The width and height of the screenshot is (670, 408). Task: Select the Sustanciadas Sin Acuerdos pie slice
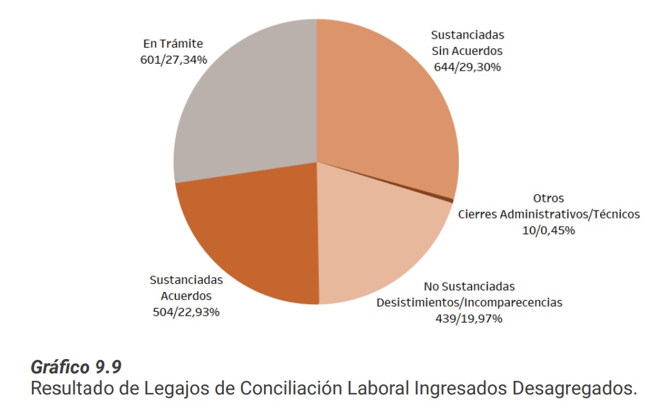click(387, 109)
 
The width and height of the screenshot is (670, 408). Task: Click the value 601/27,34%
click(172, 59)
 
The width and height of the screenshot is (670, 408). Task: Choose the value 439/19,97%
click(469, 318)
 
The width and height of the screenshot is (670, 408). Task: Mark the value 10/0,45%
click(549, 230)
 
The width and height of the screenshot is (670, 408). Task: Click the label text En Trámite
click(172, 43)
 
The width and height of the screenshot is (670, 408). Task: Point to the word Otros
click(548, 199)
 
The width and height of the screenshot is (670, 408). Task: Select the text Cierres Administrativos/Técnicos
click(548, 215)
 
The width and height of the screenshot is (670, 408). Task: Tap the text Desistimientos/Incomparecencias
click(469, 302)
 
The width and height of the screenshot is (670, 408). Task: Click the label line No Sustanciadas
click(469, 286)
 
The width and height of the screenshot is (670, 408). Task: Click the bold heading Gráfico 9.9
click(76, 367)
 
